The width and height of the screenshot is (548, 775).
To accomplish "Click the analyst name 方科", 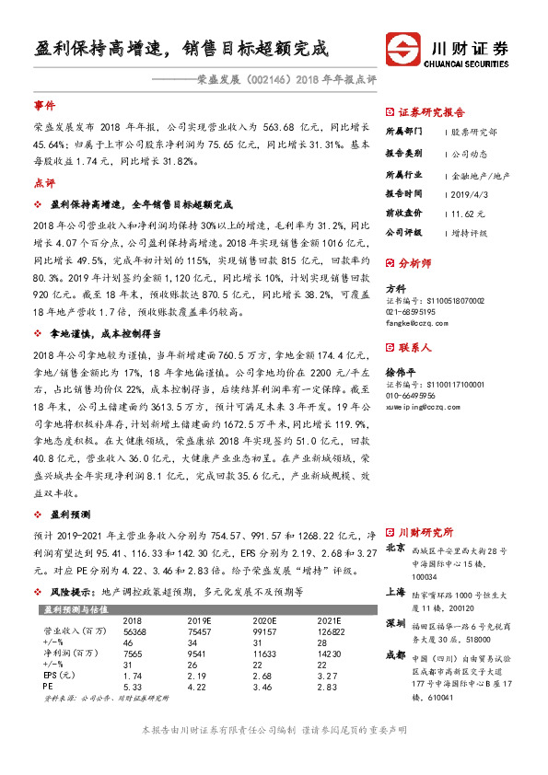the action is (395, 288).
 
